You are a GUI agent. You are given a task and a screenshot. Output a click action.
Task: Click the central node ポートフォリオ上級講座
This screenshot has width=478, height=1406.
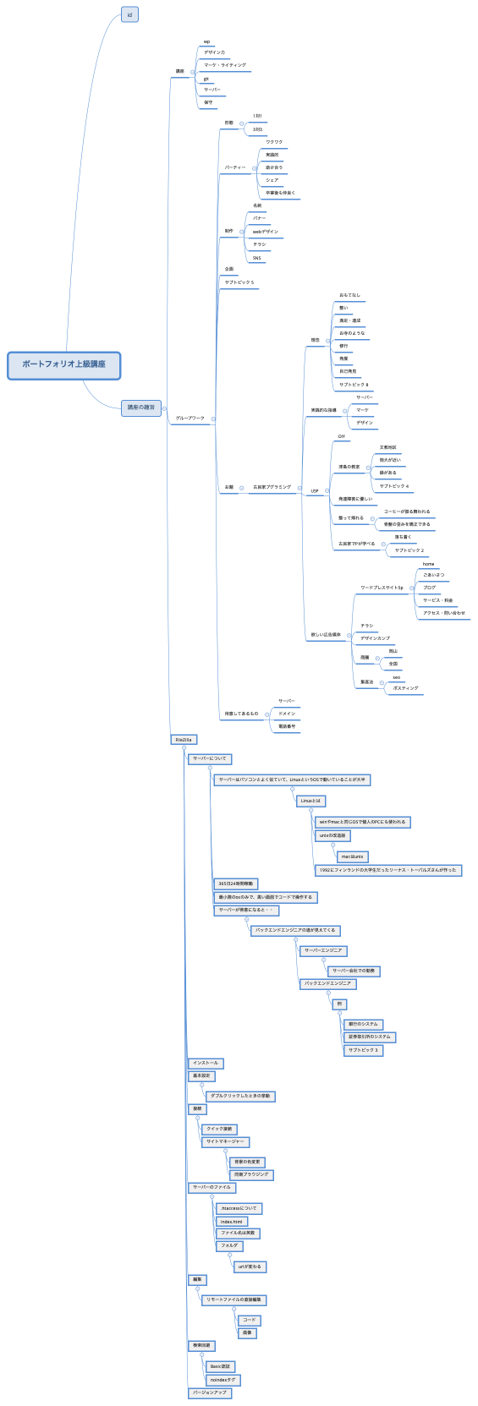[x=64, y=364]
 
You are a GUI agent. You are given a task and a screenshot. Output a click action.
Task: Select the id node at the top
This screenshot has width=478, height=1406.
[x=129, y=15]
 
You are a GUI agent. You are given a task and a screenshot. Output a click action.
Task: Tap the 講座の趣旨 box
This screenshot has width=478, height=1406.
[x=141, y=408]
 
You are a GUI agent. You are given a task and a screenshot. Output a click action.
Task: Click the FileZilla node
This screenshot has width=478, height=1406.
[x=184, y=739]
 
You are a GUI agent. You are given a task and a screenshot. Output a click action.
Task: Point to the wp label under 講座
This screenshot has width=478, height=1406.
[x=206, y=41]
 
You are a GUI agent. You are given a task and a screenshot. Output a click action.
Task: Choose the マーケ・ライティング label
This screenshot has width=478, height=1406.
[x=225, y=65]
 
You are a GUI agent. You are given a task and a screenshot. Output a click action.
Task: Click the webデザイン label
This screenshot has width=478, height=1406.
[x=265, y=232]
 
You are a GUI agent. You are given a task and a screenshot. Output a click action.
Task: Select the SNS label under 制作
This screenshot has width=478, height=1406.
[x=257, y=258]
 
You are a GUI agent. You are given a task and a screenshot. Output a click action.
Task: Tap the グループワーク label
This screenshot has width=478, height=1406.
[x=190, y=419]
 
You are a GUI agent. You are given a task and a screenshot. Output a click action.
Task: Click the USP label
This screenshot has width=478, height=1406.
[x=315, y=490]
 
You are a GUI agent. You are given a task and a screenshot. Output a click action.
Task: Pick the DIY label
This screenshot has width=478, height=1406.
[x=343, y=437]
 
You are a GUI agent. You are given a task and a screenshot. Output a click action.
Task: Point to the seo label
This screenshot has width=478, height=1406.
[x=397, y=677]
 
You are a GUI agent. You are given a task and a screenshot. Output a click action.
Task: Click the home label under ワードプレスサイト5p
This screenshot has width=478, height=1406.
[x=429, y=564]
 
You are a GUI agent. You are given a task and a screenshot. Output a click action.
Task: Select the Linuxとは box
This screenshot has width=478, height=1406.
[x=310, y=801]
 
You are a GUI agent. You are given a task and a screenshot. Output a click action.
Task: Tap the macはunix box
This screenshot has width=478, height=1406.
[x=353, y=856]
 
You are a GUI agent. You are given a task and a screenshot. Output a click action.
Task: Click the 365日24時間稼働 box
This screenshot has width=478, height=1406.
[x=235, y=884]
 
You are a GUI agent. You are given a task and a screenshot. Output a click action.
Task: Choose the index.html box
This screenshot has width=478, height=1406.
[x=231, y=1221]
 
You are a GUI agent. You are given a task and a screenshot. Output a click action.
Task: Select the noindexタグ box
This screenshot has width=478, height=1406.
[x=223, y=1380]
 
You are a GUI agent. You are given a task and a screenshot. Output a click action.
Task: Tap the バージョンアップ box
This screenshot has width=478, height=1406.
[x=209, y=1392]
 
